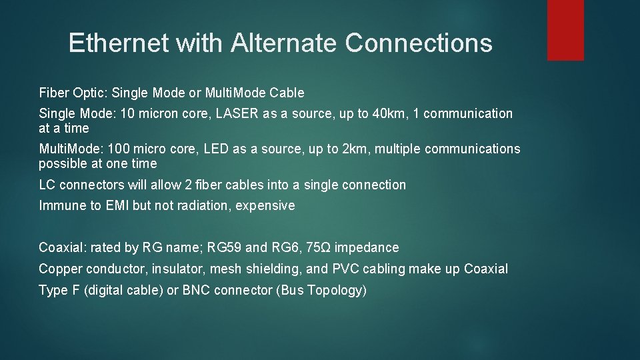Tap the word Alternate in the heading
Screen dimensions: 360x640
click(x=284, y=43)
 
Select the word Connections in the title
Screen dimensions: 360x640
click(x=419, y=43)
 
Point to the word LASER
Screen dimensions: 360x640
click(x=237, y=113)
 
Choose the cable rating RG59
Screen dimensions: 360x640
click(x=224, y=248)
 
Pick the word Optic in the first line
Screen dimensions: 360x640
click(x=87, y=93)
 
